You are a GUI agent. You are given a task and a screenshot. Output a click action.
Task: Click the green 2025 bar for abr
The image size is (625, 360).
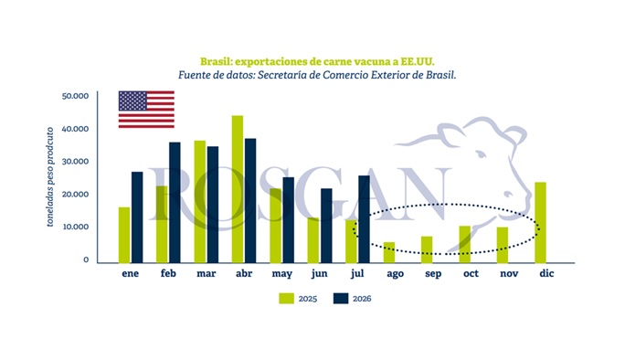pyautogui.click(x=238, y=189)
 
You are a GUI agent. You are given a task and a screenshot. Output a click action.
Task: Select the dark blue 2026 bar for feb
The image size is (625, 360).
pyautogui.click(x=175, y=203)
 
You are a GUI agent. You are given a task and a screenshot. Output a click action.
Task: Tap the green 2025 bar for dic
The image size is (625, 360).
pyautogui.click(x=540, y=222)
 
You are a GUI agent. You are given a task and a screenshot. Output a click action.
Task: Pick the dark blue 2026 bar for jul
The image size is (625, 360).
pyautogui.click(x=364, y=219)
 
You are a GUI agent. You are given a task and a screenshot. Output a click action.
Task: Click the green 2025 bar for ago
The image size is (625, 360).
pyautogui.click(x=389, y=252)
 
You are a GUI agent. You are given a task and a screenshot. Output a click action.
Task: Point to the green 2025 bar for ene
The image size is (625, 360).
pyautogui.click(x=124, y=235)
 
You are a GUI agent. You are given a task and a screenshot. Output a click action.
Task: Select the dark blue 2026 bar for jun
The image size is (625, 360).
pyautogui.click(x=326, y=226)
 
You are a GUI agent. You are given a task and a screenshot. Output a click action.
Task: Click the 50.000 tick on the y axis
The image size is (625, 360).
pyautogui.click(x=75, y=96)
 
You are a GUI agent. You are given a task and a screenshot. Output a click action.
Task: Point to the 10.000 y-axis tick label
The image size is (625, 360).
pyautogui.click(x=75, y=227)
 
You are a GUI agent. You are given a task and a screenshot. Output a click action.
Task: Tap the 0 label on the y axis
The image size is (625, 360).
pyautogui.click(x=86, y=259)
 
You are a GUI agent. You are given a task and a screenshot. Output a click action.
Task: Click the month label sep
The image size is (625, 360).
pyautogui.click(x=433, y=274)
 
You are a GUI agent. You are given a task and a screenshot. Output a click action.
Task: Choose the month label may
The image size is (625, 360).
pyautogui.click(x=281, y=274)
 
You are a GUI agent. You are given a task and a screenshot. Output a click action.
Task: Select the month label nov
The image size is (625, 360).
pyautogui.click(x=509, y=273)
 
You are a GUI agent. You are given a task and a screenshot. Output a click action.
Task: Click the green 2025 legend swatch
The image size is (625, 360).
pyautogui.click(x=286, y=298)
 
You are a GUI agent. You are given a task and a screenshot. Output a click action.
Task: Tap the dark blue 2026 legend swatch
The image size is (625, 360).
pyautogui.click(x=341, y=298)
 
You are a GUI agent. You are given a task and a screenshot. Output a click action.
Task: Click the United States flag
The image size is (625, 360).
pyautogui.click(x=146, y=110)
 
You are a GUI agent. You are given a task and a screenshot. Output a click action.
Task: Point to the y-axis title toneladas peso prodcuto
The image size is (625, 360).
pyautogui.click(x=50, y=176)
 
